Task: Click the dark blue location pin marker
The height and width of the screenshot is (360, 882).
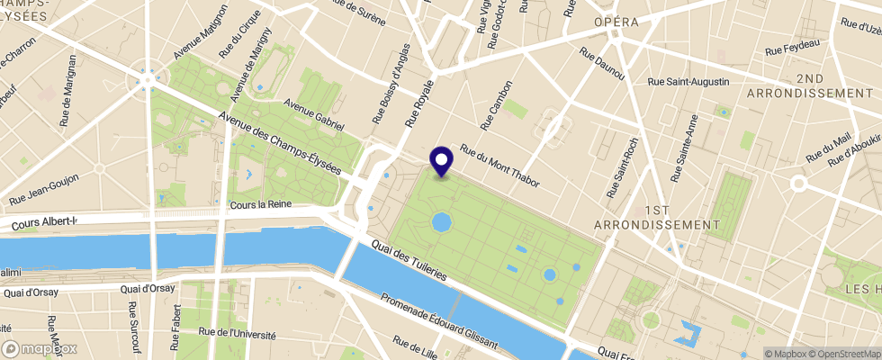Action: (442, 161)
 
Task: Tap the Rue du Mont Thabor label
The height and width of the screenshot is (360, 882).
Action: (499, 166)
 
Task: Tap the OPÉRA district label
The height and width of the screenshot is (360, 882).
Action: (616, 22)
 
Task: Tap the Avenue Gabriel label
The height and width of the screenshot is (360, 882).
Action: (314, 114)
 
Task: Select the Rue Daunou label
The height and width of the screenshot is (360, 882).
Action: (602, 65)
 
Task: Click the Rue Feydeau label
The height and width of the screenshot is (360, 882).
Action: (791, 47)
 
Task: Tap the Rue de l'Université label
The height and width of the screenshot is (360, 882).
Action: (238, 333)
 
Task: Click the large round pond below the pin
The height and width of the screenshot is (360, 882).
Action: (442, 221)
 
